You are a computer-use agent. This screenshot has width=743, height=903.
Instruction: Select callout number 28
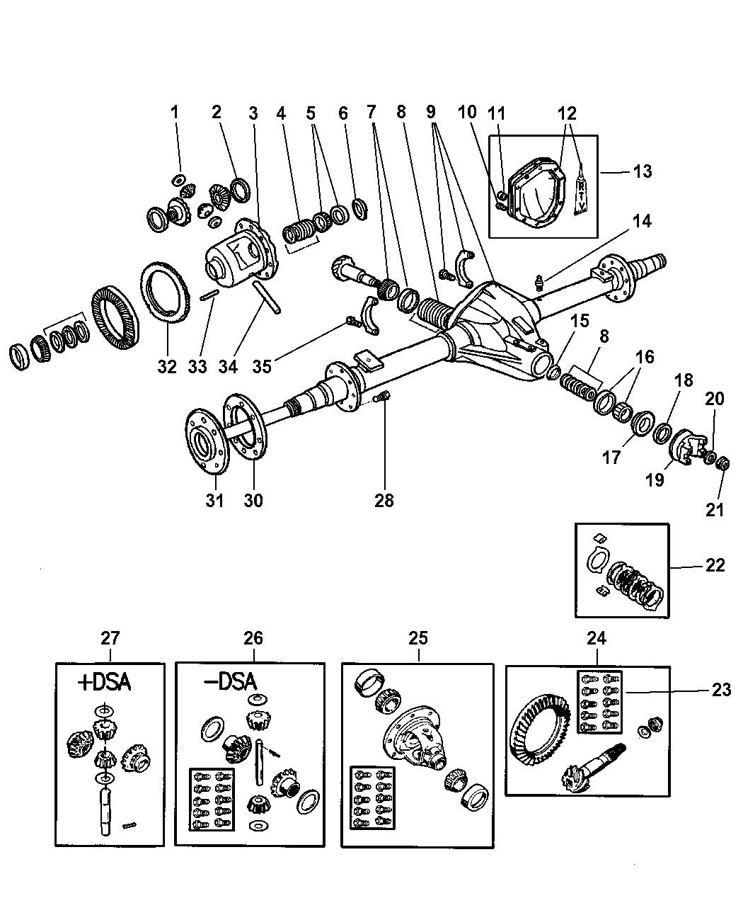pos(385,500)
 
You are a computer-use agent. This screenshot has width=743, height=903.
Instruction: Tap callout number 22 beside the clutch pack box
pos(715,565)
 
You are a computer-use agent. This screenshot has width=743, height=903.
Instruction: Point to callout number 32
pos(167,366)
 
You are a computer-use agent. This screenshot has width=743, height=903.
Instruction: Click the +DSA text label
pos(105,683)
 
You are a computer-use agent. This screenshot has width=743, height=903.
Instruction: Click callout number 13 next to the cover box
pos(643,171)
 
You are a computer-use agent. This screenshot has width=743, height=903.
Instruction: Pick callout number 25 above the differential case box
pos(418,637)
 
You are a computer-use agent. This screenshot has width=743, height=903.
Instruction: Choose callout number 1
pos(175,112)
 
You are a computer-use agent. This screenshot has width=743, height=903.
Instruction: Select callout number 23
pos(720,690)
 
